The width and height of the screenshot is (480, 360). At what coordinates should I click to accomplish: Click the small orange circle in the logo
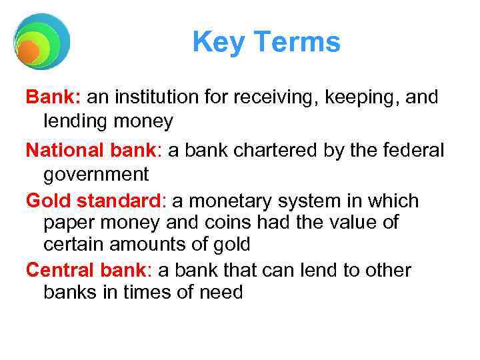[x=28, y=51]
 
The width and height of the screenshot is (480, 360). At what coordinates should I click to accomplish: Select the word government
[x=96, y=175]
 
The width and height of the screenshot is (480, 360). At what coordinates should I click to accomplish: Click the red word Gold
[x=47, y=201]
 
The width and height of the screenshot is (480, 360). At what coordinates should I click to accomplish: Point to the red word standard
[x=114, y=201]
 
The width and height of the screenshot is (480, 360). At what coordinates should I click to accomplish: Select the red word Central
[x=57, y=270]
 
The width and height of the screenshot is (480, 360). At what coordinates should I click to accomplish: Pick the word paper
[x=69, y=222]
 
